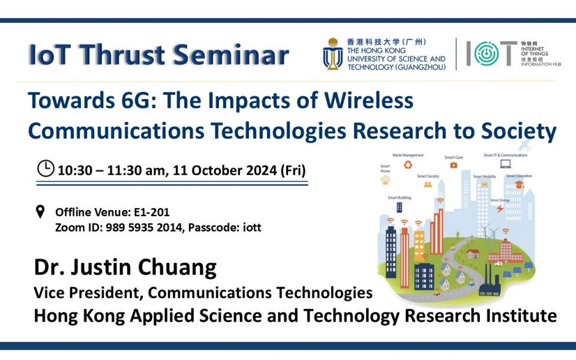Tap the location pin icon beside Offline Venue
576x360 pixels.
[41, 211]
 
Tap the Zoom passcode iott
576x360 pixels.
[251, 227]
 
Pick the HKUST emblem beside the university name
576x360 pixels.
[332, 54]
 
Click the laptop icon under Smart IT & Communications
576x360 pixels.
[505, 164]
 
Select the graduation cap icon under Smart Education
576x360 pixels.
[518, 185]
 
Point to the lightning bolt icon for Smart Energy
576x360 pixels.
[499, 208]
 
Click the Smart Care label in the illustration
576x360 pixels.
[453, 157]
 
